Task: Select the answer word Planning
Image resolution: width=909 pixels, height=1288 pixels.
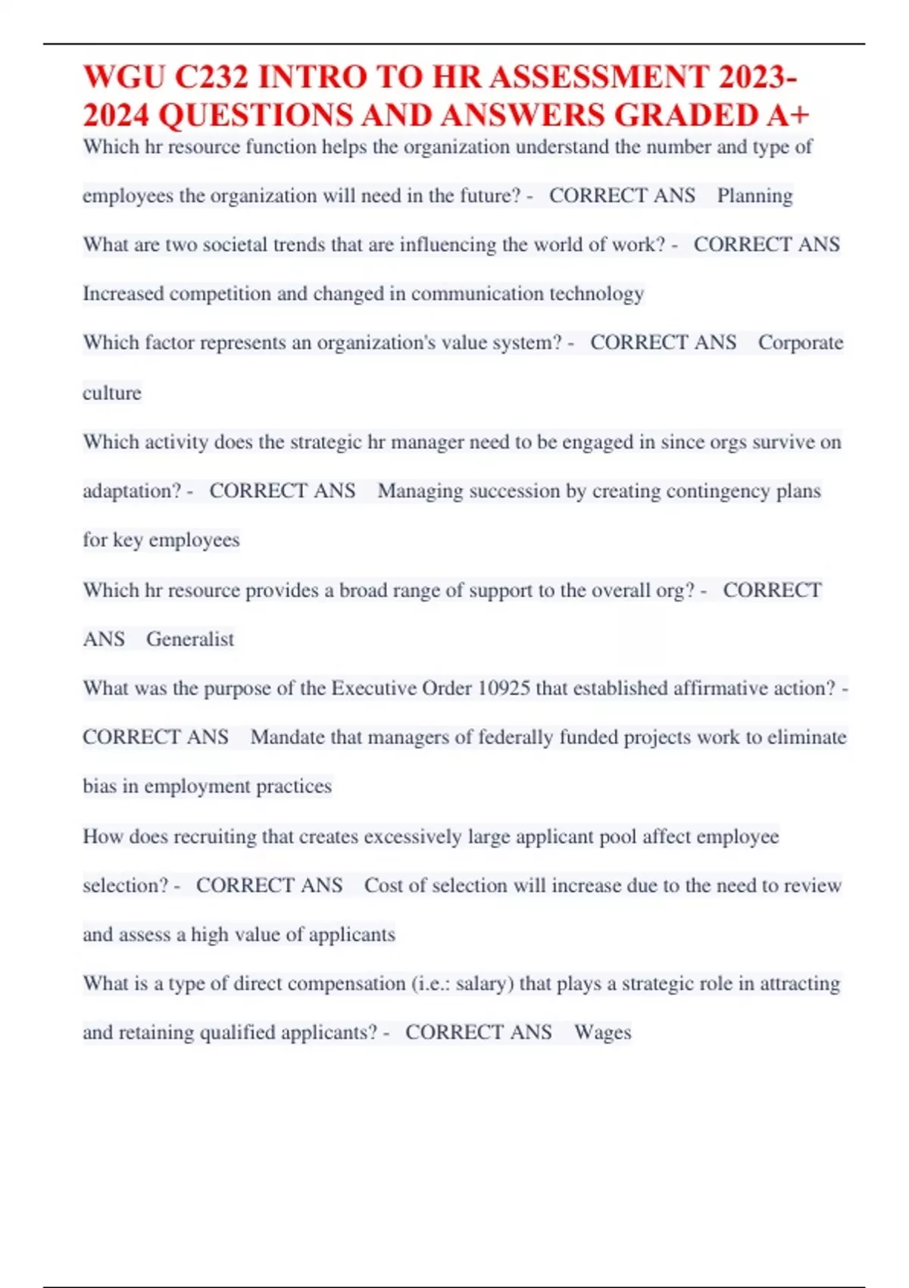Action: coord(754,195)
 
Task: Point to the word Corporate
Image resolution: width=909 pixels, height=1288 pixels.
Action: coord(800,342)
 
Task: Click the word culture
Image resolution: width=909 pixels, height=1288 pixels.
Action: coord(112,392)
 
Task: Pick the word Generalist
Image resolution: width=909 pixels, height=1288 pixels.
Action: coord(190,639)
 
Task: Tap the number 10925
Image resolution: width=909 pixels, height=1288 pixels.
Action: coord(504,688)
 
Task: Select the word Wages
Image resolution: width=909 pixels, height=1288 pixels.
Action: coord(602,1032)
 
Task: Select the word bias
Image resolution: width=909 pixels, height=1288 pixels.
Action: coord(99,786)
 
